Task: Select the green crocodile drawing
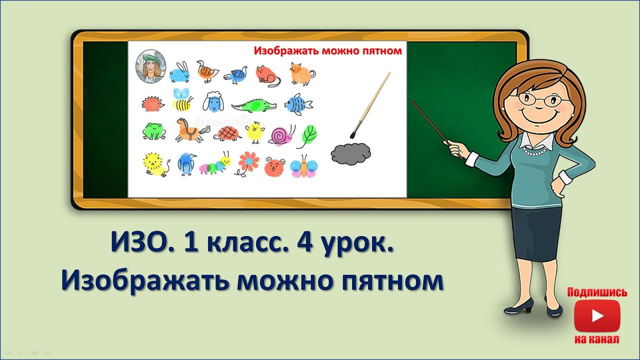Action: [x=253, y=105]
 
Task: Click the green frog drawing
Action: [x=153, y=131]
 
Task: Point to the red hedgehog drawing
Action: [x=151, y=104]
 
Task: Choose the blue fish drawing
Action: [x=298, y=104]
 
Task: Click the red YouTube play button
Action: [x=596, y=315]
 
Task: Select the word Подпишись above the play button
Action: [x=596, y=292]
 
